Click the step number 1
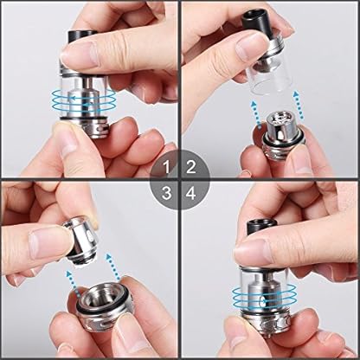point(167,167)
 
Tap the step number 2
point(191,167)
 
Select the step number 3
point(167,193)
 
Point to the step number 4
point(191,193)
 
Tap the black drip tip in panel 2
point(254,22)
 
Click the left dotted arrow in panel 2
point(257,115)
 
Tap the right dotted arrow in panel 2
point(299,105)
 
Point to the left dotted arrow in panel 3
point(73,284)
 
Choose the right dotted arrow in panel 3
point(113,267)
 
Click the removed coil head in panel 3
point(80,240)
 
